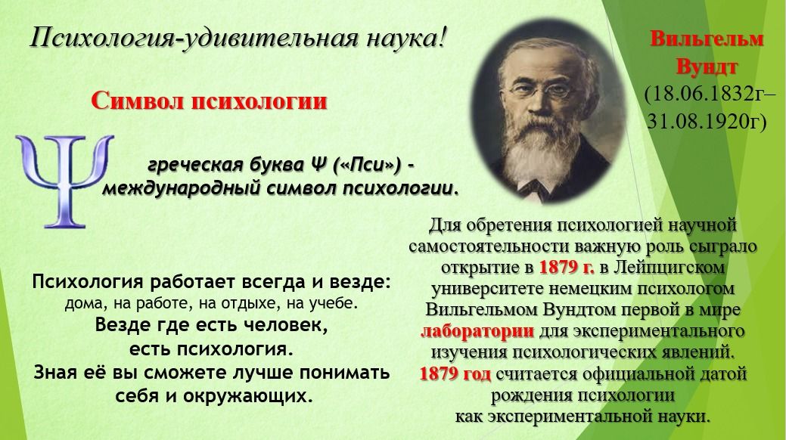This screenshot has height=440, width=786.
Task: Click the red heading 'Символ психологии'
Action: tap(209, 101)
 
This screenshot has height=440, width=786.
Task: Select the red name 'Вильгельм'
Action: tap(707, 39)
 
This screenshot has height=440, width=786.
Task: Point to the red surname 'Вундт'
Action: tap(707, 67)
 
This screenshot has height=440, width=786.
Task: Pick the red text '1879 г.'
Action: tap(567, 267)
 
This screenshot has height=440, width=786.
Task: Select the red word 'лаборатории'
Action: tap(477, 330)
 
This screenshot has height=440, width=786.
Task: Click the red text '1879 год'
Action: tap(455, 374)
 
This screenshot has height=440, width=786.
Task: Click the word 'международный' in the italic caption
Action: tap(176, 188)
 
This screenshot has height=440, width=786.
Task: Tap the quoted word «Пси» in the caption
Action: tap(367, 164)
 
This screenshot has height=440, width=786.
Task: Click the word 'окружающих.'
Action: tap(248, 396)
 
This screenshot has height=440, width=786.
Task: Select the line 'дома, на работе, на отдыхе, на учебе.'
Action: tap(212, 304)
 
